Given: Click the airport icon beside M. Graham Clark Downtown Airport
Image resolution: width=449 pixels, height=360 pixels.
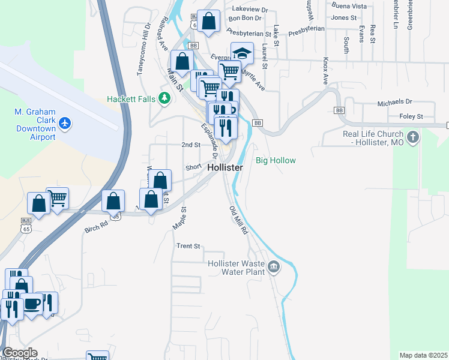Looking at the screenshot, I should (x=65, y=124).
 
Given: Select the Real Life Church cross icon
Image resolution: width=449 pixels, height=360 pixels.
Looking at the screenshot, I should (x=412, y=138).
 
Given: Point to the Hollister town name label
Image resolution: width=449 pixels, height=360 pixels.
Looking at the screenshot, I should (x=225, y=168).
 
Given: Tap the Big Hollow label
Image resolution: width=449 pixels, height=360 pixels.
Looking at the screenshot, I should (x=276, y=160).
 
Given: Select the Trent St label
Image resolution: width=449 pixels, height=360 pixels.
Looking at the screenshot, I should (x=187, y=246).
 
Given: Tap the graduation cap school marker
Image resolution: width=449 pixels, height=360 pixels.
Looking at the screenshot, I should (x=242, y=52).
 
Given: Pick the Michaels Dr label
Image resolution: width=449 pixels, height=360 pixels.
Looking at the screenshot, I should (x=395, y=103).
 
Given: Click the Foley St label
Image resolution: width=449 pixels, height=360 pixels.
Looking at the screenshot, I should (x=411, y=116).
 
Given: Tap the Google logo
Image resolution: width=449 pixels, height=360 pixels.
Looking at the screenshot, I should (x=20, y=353).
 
